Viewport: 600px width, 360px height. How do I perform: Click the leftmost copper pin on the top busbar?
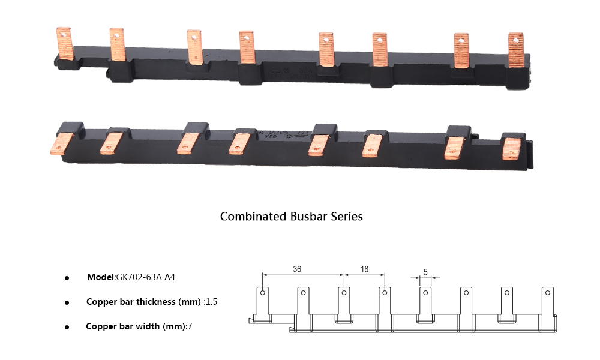[64, 43]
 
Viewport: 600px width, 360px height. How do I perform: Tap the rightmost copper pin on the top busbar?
[516, 50]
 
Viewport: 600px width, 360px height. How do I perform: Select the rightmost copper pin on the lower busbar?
[512, 148]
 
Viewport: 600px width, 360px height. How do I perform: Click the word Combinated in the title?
[253, 216]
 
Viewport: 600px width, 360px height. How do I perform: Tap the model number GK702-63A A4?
[145, 277]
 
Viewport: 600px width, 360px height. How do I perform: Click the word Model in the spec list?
[100, 277]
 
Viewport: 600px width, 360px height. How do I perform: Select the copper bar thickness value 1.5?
[211, 302]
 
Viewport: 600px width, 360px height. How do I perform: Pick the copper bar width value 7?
[190, 326]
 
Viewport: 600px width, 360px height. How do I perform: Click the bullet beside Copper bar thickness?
[67, 302]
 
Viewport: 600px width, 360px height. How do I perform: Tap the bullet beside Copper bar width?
[67, 327]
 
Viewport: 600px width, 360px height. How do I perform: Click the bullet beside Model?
[67, 278]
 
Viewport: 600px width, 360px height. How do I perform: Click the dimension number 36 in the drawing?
[297, 269]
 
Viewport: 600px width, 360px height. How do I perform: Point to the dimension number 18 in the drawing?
[364, 269]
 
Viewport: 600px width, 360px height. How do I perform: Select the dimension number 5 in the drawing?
[425, 271]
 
